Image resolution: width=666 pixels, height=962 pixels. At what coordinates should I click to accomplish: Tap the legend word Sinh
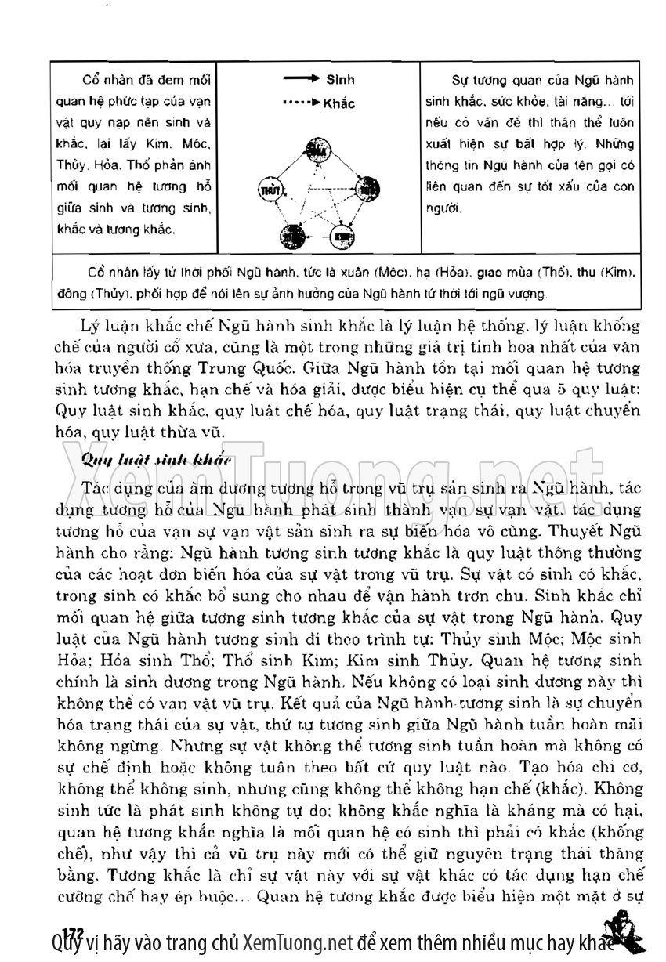340,80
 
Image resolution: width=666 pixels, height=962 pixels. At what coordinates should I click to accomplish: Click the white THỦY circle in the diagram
269,188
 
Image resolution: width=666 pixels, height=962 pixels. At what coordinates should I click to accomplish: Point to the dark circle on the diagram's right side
366,188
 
